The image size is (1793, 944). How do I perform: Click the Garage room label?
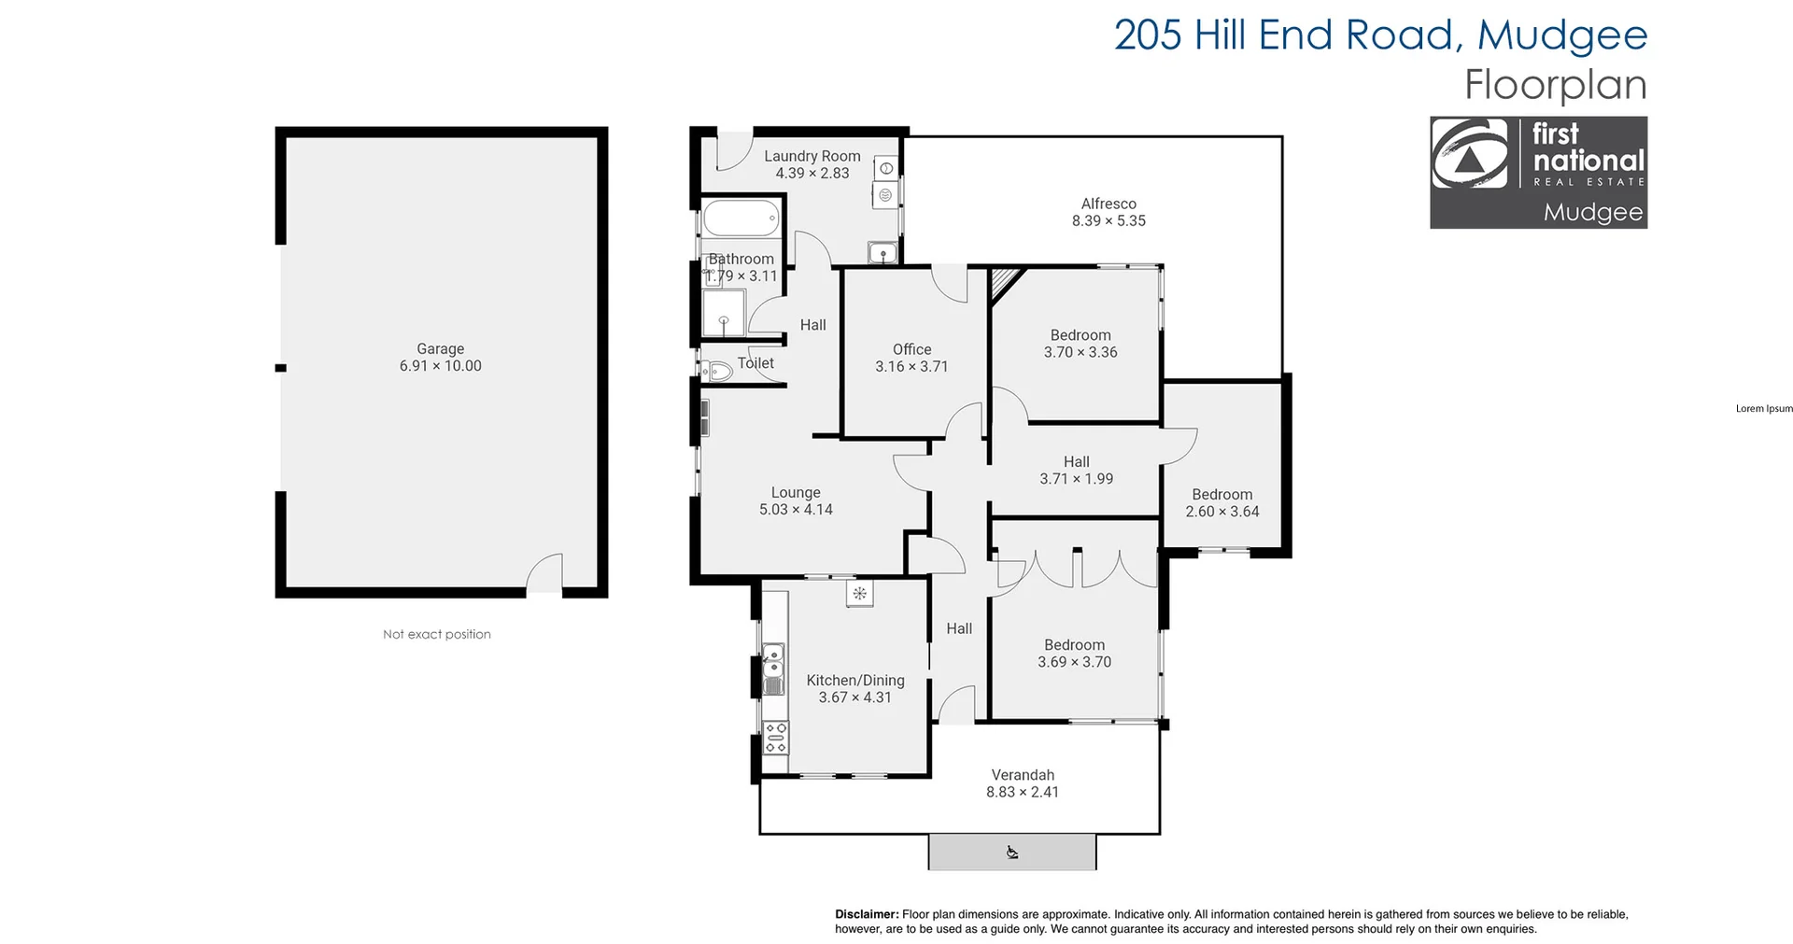(440, 349)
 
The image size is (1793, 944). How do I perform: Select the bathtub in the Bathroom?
(740, 219)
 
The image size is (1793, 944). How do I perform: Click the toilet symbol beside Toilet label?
(717, 372)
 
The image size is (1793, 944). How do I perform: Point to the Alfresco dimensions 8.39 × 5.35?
(1108, 221)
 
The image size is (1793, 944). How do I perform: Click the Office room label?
(911, 349)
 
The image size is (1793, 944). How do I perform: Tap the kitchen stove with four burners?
(775, 737)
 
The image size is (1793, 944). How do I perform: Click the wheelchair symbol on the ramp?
(1012, 852)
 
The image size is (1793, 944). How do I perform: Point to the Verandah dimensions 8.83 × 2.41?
(1023, 792)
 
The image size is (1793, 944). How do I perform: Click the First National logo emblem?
(1470, 155)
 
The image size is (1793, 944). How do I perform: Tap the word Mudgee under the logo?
(1592, 212)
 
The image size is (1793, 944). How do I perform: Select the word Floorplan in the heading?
(1555, 85)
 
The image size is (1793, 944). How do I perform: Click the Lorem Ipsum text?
(1763, 409)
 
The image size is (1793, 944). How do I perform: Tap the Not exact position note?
(436, 634)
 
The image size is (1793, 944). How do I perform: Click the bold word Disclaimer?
(866, 914)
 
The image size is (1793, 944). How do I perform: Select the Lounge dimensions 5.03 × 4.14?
(796, 510)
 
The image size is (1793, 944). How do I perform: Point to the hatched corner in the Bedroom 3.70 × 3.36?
(1004, 281)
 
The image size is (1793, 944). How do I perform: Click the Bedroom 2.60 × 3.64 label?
(1221, 495)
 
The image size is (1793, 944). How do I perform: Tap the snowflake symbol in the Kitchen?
(860, 593)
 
